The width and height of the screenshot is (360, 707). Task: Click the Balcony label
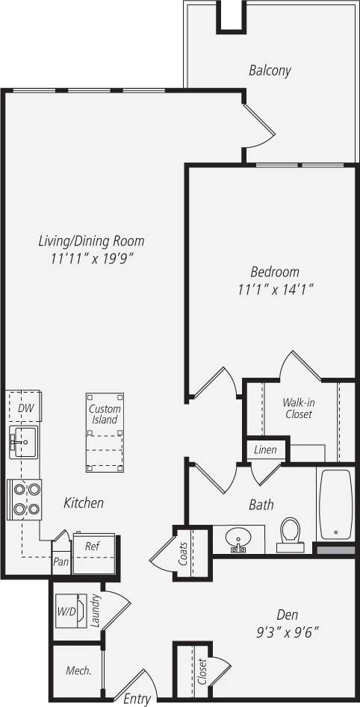269,72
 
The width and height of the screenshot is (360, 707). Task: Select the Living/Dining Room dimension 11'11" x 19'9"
91,259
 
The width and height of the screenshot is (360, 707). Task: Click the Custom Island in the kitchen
105,432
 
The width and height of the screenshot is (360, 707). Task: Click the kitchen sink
24,443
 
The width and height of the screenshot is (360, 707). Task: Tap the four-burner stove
24,499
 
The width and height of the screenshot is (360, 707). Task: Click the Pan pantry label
60,561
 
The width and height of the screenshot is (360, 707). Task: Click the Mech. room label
78,670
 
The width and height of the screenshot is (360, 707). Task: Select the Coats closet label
183,552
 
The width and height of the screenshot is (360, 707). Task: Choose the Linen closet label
265,450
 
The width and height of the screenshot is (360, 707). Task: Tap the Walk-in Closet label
297,408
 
